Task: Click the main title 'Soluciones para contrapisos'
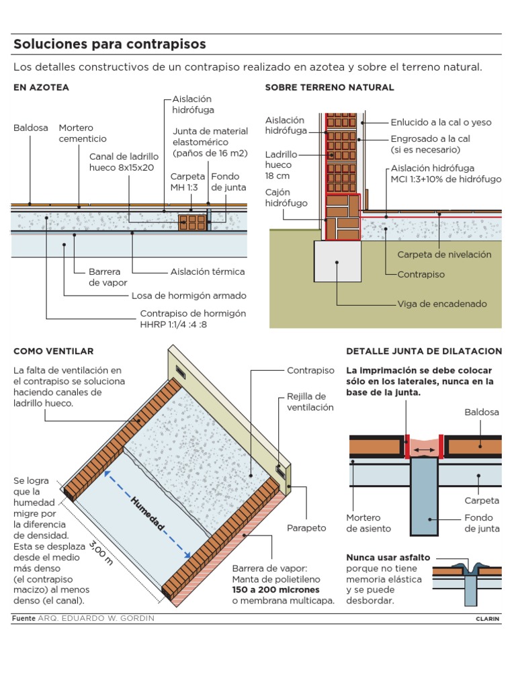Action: click(110, 44)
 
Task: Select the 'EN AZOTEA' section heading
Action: click(41, 87)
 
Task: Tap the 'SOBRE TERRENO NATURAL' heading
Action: click(329, 87)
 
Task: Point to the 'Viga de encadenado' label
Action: click(442, 304)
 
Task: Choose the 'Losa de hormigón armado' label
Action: click(189, 296)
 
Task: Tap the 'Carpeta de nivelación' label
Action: click(444, 255)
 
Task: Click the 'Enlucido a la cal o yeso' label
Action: click(441, 122)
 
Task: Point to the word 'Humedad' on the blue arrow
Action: click(146, 514)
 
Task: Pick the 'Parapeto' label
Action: click(306, 527)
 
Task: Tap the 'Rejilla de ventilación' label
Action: click(310, 402)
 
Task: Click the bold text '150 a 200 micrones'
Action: click(275, 589)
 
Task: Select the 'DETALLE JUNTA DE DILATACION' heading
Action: click(423, 351)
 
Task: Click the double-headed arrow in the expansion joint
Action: click(423, 449)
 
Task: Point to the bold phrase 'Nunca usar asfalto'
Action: click(388, 558)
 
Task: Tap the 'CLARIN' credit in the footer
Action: click(487, 619)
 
